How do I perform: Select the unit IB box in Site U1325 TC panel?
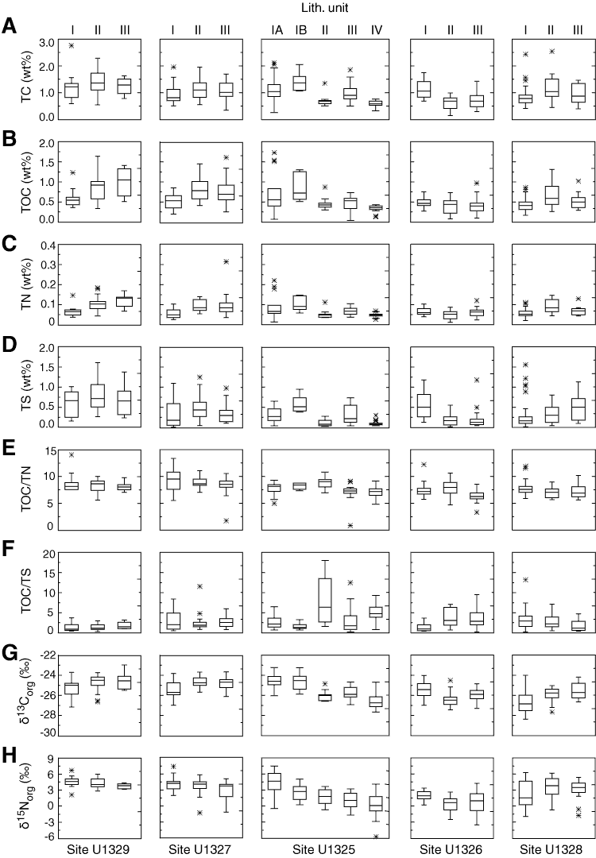coord(300,83)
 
